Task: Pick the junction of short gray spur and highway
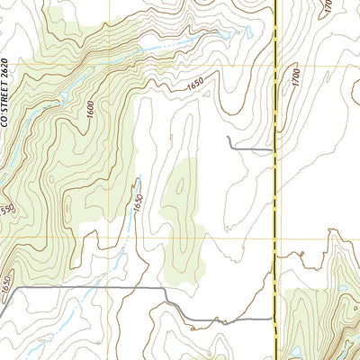[x=274, y=148]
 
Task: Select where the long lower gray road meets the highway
[x=274, y=319]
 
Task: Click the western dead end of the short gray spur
[x=229, y=137]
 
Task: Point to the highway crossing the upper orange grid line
[x=274, y=65]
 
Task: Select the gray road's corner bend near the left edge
[x=13, y=290]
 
